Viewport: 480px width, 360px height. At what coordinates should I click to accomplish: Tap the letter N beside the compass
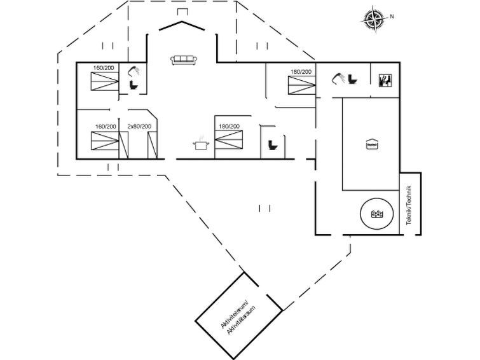click(392, 16)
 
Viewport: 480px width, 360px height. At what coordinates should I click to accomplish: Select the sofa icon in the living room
click(184, 60)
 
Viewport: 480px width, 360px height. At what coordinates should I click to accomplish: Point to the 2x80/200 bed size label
click(139, 127)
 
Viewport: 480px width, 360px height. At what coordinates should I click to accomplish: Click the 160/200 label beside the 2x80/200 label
click(106, 127)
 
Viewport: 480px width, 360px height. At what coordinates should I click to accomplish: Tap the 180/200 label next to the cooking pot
click(229, 127)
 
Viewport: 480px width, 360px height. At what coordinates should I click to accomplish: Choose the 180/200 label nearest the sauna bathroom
click(301, 72)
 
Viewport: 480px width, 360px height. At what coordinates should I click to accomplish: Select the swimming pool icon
click(372, 144)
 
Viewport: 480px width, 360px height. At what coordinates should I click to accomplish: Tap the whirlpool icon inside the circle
click(376, 214)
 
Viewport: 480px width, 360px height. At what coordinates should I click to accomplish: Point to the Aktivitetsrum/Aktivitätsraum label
click(235, 316)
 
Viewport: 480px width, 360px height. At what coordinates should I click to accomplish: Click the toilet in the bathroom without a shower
click(273, 145)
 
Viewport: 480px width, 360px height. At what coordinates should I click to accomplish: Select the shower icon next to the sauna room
click(337, 78)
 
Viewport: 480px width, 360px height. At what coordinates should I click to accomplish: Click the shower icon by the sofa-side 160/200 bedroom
click(133, 71)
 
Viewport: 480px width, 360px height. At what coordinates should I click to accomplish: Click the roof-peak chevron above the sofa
click(183, 25)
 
